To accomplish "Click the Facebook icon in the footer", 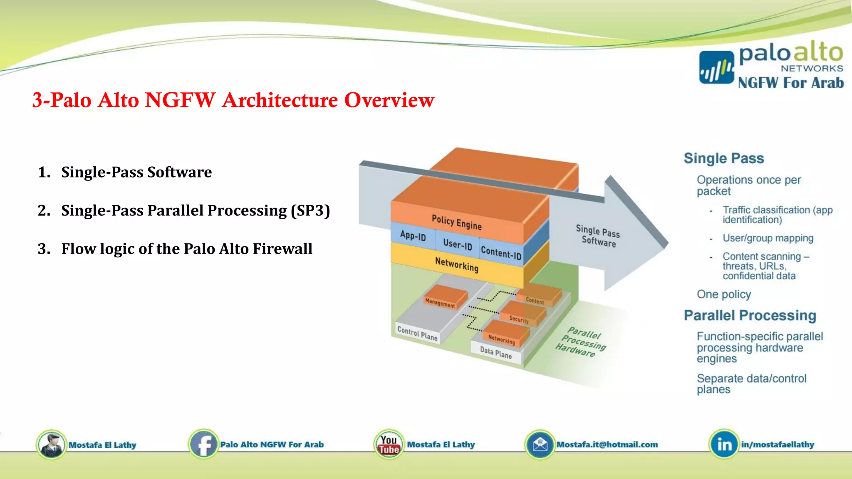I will click(x=203, y=444).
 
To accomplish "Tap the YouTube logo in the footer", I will click(x=389, y=444).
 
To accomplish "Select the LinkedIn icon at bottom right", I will click(x=724, y=444).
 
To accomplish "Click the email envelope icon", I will click(x=540, y=444).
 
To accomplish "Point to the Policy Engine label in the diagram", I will click(x=456, y=222).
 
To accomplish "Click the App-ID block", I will click(x=413, y=236).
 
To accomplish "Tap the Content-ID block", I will click(x=501, y=252).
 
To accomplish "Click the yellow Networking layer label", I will click(x=456, y=264).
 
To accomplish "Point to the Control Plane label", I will click(x=417, y=333).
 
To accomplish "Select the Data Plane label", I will click(x=495, y=353).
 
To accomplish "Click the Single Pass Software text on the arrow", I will click(x=598, y=236).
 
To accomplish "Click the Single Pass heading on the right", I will click(x=723, y=158).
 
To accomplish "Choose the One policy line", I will click(x=723, y=294).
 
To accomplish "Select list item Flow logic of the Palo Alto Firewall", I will click(x=186, y=249).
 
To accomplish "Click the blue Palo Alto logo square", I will click(x=716, y=67).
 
